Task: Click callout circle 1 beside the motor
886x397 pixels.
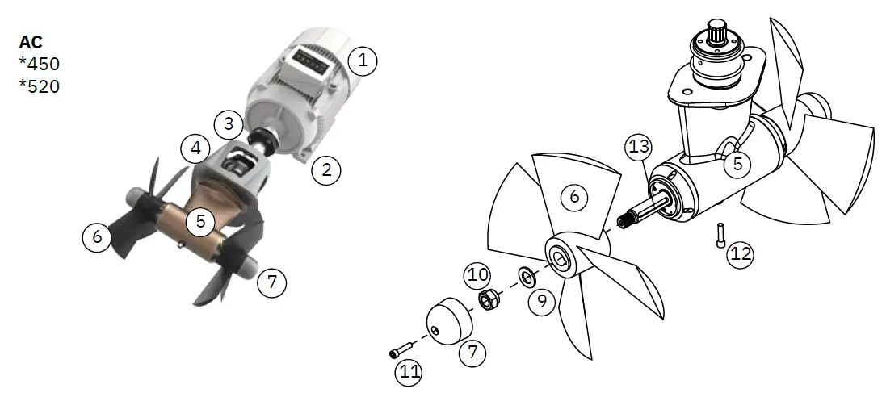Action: [x=363, y=60]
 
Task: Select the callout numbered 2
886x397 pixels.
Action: [x=326, y=170]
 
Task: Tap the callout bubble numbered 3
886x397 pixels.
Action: [x=229, y=123]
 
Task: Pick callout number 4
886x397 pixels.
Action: [x=195, y=148]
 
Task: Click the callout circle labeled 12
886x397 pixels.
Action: [x=741, y=254]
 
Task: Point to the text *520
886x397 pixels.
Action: [x=40, y=85]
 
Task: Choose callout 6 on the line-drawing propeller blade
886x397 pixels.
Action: [x=574, y=196]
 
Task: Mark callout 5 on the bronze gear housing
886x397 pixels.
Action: [x=199, y=219]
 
